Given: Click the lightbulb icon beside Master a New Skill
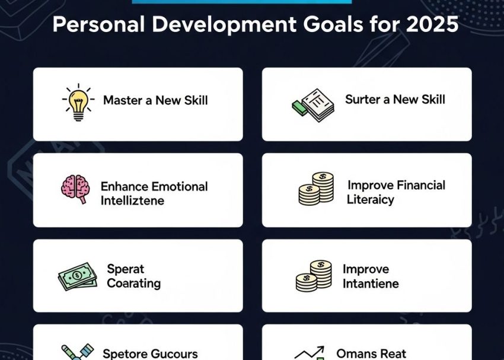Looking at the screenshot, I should point(78,103).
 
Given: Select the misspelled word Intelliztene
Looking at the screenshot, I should point(132,200).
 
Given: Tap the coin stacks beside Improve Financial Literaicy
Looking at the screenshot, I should point(316,189).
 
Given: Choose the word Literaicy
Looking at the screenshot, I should point(371,199).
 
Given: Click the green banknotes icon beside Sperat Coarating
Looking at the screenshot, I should point(78,276).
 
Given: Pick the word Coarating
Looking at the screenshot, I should point(133,283).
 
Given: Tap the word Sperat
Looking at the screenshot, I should point(126,269).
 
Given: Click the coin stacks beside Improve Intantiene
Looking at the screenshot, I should point(314,276).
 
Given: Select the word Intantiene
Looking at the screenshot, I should point(371,283).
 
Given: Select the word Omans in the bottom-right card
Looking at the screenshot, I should point(356,353).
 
